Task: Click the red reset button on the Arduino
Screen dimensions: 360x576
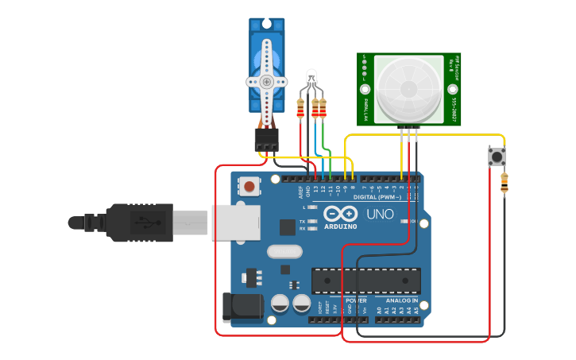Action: tap(249, 187)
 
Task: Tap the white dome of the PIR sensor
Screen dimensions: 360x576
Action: tap(408, 88)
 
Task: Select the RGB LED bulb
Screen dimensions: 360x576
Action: tap(311, 78)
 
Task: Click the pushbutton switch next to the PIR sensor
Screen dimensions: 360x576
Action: tap(498, 157)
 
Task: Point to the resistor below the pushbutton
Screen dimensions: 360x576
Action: tap(504, 184)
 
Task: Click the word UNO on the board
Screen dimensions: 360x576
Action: tap(380, 214)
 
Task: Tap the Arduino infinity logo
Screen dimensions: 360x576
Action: tap(341, 215)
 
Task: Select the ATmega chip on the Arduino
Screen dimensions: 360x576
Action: tap(365, 281)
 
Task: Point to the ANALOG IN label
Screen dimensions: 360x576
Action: tap(402, 300)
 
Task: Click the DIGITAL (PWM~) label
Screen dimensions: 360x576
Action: tap(377, 196)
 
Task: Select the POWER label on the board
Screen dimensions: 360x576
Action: tap(356, 300)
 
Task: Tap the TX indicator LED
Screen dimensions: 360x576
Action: tap(312, 220)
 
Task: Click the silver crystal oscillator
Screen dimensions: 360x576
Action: tap(284, 252)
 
